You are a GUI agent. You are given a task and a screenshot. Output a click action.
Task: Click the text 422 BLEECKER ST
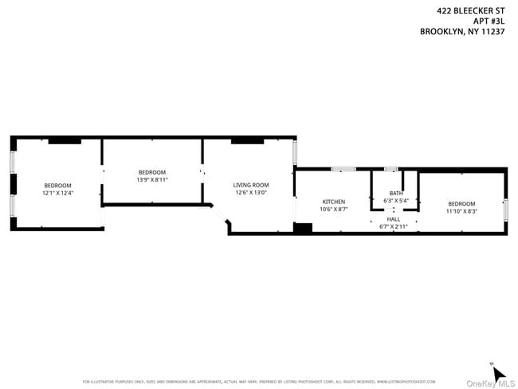[x=471, y=11]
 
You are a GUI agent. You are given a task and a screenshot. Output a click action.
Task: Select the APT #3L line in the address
[x=489, y=22]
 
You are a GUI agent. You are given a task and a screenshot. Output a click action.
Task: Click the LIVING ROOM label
[x=251, y=185]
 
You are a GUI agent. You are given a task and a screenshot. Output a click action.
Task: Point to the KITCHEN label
[x=333, y=202]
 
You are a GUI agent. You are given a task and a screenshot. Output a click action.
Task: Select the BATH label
[x=396, y=193]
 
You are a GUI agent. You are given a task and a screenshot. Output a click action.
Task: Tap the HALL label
[x=394, y=218]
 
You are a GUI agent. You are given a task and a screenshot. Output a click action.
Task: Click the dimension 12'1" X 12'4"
[x=57, y=193]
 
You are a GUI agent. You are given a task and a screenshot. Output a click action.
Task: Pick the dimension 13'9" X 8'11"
[x=152, y=179]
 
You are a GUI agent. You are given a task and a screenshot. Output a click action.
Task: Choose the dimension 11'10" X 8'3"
[x=461, y=210]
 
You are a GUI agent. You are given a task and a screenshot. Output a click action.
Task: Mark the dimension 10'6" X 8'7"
[x=333, y=209]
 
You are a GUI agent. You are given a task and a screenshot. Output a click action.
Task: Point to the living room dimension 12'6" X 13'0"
[x=251, y=192]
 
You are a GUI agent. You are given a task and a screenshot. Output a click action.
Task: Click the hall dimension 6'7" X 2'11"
[x=394, y=226]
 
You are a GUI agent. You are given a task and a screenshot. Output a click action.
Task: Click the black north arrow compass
[x=498, y=373]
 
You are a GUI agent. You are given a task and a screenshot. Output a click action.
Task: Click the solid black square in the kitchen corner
[x=302, y=228]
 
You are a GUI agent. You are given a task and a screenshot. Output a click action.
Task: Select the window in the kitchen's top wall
[x=343, y=169]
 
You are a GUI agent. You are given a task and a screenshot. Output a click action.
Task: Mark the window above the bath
[x=390, y=169]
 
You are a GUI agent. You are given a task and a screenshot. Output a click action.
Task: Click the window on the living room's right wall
[x=294, y=152]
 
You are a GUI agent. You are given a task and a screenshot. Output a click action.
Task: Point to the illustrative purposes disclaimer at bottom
[x=259, y=381]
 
